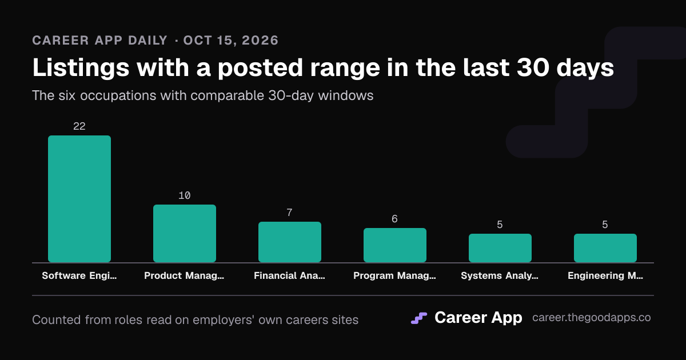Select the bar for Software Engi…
[x=79, y=199]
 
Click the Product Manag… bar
[x=185, y=233]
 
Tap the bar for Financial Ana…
[x=290, y=242]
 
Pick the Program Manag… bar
[x=395, y=245]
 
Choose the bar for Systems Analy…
[x=500, y=248]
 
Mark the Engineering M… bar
[x=605, y=248]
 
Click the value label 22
[x=79, y=126]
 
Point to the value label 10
[x=185, y=195]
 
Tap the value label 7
[x=290, y=213]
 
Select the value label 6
[x=395, y=219]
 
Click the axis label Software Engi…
[x=79, y=275]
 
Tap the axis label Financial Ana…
[x=290, y=275]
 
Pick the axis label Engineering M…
[x=605, y=275]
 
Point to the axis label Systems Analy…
[x=500, y=275]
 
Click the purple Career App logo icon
[x=419, y=318]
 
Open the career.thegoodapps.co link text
[x=591, y=318]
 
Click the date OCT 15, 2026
[x=231, y=41]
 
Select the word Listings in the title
[x=81, y=68]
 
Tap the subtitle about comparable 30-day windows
[x=203, y=95]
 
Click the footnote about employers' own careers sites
[x=196, y=320]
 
